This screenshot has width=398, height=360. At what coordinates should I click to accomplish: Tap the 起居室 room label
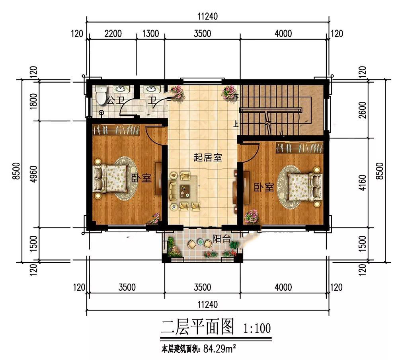(208, 158)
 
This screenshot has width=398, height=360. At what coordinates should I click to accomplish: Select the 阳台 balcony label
(221, 239)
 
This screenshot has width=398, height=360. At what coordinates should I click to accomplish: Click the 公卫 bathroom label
(115, 101)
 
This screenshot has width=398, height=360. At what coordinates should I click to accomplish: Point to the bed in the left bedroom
(110, 178)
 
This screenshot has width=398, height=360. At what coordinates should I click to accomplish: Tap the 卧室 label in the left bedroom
(141, 178)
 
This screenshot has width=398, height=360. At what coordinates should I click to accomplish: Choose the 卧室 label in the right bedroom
(264, 187)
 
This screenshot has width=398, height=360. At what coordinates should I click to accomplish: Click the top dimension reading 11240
(208, 16)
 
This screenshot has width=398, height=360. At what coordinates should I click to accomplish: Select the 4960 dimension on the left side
(33, 174)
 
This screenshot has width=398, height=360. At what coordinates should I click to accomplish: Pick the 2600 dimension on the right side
(363, 110)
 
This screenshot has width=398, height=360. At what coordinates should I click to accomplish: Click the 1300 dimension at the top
(150, 33)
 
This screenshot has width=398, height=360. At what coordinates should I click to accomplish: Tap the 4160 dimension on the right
(363, 183)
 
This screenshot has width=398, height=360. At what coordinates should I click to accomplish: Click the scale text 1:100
(257, 328)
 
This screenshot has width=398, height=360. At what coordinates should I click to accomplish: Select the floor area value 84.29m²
(220, 348)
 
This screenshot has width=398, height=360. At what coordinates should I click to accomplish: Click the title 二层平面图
(197, 327)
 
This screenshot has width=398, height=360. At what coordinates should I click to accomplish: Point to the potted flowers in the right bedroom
(251, 216)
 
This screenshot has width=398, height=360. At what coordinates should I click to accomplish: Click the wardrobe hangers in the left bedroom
(117, 130)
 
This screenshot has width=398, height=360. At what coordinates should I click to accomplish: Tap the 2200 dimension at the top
(113, 33)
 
